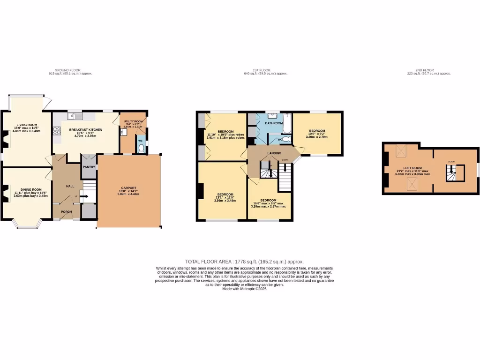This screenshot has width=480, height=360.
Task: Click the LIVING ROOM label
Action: [x=26, y=125]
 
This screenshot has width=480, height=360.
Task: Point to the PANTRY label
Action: [x=89, y=166]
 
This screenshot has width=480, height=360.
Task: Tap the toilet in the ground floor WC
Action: [x=141, y=148]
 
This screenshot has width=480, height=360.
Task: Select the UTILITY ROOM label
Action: [x=133, y=121]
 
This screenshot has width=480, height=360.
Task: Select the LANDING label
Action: [x=274, y=153]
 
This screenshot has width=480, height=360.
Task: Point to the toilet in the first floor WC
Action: [x=286, y=139]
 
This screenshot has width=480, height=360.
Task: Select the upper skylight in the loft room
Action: [x=401, y=150]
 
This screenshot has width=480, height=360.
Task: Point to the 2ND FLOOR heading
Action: [x=425, y=70]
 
